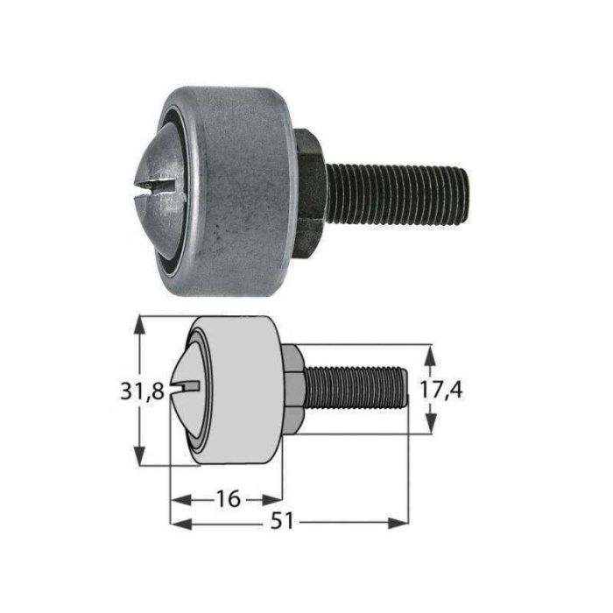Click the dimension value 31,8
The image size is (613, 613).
point(143,391)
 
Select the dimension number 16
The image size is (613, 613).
point(227,499)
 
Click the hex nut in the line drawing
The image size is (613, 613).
point(293,388)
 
